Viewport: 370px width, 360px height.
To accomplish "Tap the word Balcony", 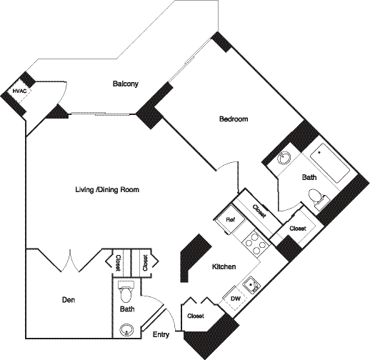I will click(x=126, y=84).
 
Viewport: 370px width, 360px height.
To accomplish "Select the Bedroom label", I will click(x=233, y=119).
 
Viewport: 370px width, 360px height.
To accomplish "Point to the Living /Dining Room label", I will click(x=107, y=190).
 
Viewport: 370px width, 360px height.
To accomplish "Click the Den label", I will click(x=69, y=301).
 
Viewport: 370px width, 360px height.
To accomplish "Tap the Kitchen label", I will click(x=224, y=266).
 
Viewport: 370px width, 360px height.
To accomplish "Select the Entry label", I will click(x=161, y=334).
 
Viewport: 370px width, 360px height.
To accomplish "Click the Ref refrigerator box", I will click(x=231, y=219).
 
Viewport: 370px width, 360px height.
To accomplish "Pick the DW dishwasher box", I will click(x=235, y=298).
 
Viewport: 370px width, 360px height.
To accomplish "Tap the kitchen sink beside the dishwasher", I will click(x=250, y=282).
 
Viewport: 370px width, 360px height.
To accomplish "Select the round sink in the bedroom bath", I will click(x=284, y=159).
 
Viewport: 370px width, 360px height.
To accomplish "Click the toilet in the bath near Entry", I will click(x=126, y=293).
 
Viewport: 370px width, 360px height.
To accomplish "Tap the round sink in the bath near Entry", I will click(x=126, y=329).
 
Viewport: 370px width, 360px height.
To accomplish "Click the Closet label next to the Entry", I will click(x=195, y=315).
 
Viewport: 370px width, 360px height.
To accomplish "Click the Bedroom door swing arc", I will click(x=229, y=171).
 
